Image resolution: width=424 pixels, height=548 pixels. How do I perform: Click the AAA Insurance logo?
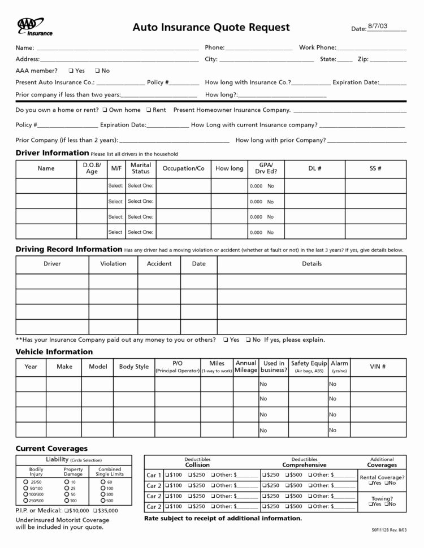(34, 27)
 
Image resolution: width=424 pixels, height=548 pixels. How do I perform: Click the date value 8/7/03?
(378, 27)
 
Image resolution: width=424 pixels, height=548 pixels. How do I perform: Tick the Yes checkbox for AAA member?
(70, 71)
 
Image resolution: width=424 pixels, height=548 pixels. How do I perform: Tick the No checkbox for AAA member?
(98, 71)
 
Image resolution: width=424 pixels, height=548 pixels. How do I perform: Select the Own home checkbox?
(105, 110)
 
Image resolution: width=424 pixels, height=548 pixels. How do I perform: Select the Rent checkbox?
(148, 110)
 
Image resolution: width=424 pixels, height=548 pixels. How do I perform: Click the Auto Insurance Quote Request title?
(211, 27)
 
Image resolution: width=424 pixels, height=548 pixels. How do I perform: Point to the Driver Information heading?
(52, 153)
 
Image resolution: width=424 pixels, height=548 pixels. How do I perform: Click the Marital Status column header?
(141, 168)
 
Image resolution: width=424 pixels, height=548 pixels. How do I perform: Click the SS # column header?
(375, 168)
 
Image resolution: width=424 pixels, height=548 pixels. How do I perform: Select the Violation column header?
(113, 264)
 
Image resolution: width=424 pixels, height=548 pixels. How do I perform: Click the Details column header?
(311, 264)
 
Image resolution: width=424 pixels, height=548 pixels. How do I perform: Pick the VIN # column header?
(378, 367)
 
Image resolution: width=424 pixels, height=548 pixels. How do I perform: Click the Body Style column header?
(134, 367)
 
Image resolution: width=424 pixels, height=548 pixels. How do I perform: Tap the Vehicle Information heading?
(54, 351)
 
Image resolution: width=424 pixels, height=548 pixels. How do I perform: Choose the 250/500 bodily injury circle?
(25, 501)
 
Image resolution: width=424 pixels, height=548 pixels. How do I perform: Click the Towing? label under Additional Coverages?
(382, 498)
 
